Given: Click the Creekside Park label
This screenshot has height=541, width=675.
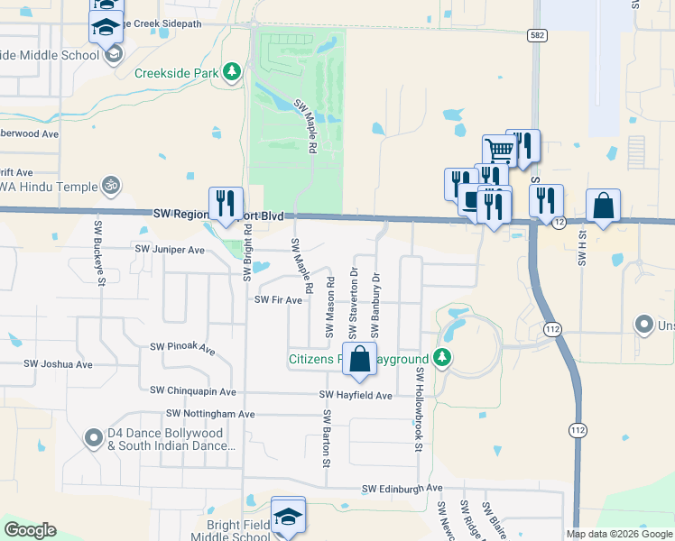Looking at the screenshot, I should [x=178, y=73].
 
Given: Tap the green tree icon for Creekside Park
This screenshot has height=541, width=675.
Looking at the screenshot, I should [x=232, y=71].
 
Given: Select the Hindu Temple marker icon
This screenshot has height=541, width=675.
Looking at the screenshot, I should [x=110, y=185].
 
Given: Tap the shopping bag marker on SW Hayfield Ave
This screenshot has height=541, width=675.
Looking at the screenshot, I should [x=359, y=359].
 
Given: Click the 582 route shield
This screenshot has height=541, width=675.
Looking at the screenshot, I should [x=536, y=33].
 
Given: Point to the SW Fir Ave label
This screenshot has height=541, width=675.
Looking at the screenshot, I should [x=278, y=300].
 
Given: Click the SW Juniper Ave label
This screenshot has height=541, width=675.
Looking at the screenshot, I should [x=171, y=248].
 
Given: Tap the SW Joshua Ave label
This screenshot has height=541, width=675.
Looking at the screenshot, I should [x=58, y=364].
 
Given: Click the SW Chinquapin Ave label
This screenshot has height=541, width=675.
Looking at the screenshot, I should [x=193, y=391].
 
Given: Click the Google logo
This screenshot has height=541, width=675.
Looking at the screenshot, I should [x=30, y=530].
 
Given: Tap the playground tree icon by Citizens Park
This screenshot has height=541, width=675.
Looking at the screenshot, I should [x=442, y=358].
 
